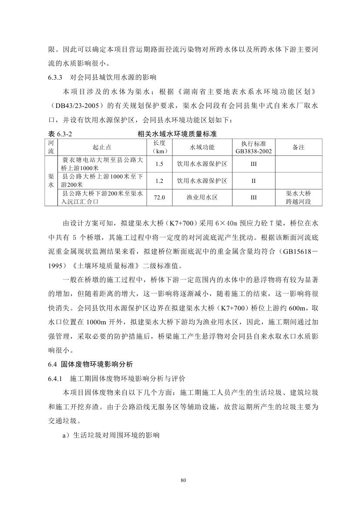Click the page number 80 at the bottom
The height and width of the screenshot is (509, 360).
coord(183,480)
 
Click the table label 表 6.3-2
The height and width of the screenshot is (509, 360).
coord(61,134)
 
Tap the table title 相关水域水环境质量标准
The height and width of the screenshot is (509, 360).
coord(177,134)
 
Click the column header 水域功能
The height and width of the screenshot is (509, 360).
coord(202,148)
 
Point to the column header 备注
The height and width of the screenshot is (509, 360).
coord(298,148)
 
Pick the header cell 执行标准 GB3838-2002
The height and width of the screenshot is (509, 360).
coord(253,148)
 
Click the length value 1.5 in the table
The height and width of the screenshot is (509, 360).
coord(159,164)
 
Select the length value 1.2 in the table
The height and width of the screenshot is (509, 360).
coord(159,181)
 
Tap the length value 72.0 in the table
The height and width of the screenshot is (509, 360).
coord(159,197)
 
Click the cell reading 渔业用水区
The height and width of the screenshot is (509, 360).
coord(202,197)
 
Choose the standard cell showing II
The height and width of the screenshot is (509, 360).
coord(253,181)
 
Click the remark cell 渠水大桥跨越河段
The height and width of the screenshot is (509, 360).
coord(298,197)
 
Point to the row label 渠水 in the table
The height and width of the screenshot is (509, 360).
coord(51,181)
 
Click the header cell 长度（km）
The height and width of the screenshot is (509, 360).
coord(159,148)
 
